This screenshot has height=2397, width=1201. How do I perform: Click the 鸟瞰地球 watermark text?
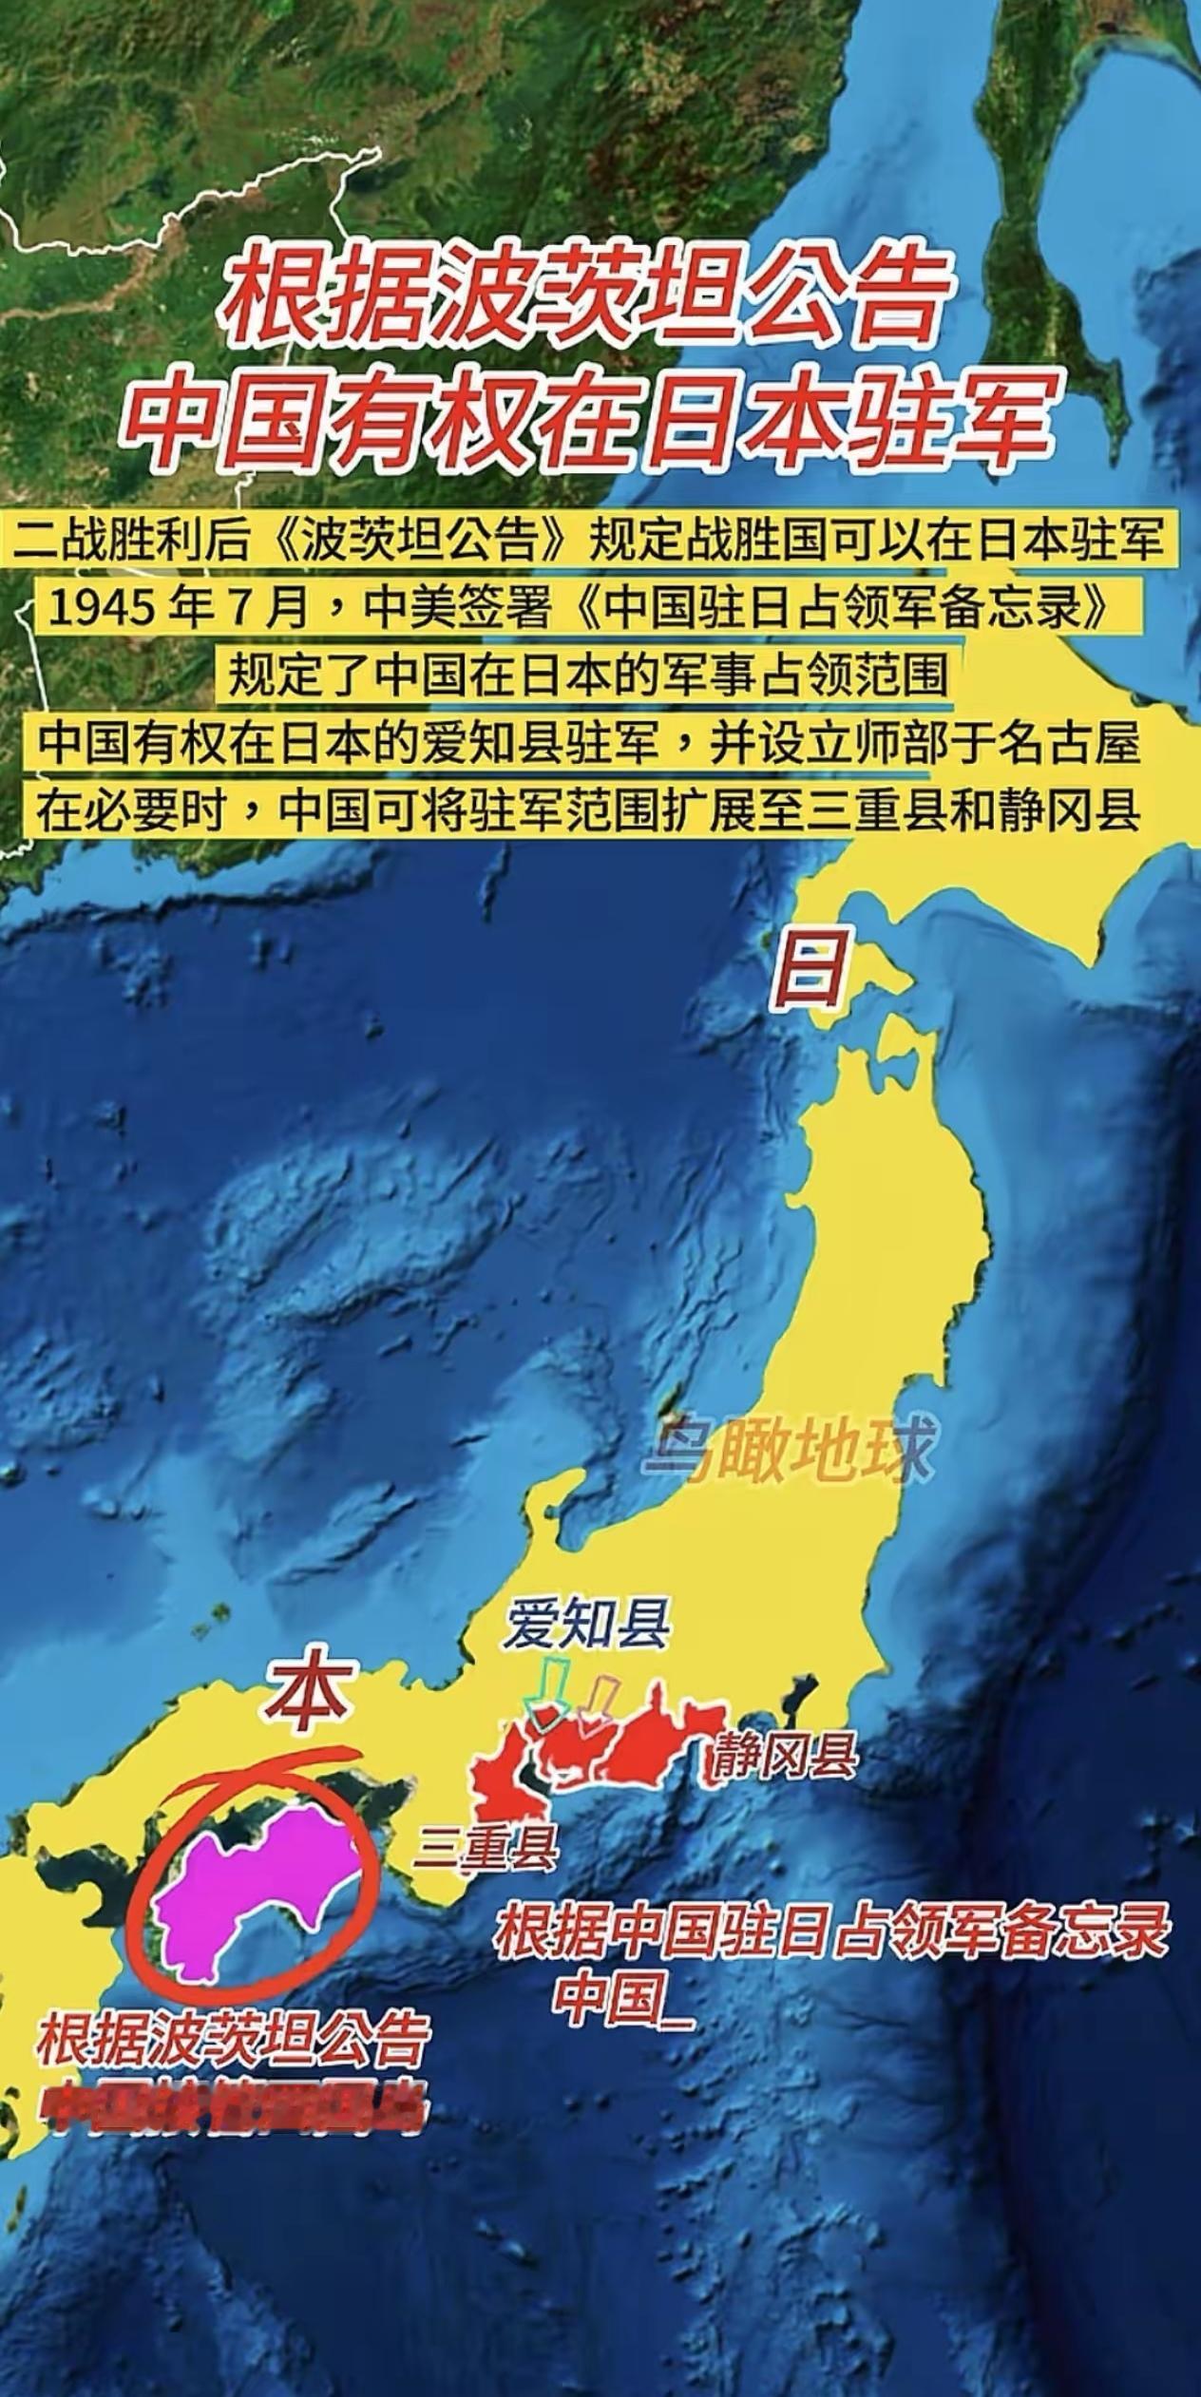[786, 1455]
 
